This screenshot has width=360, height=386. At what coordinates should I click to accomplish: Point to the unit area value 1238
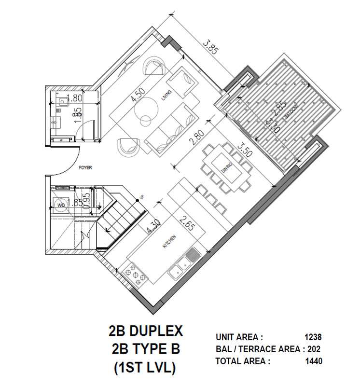313,337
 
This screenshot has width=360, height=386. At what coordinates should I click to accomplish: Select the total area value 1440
313,360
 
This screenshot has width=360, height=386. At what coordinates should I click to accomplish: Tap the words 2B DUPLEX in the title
145,331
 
